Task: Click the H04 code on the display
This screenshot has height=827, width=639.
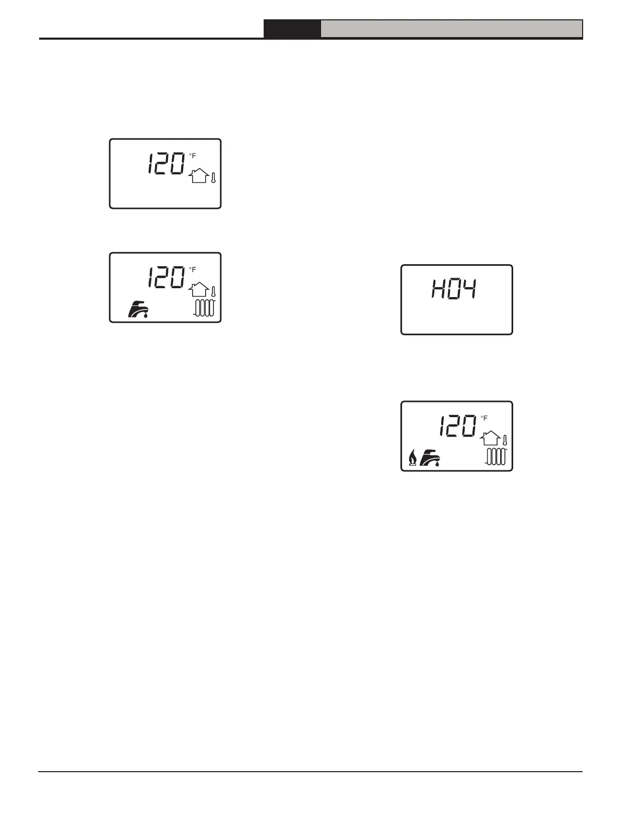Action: click(x=454, y=289)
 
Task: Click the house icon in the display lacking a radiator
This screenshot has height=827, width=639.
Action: click(x=198, y=176)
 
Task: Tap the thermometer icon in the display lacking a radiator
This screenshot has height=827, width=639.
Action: click(x=214, y=177)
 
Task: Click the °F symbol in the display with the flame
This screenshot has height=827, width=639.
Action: click(x=484, y=418)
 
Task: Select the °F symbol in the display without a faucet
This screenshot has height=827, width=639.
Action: click(x=193, y=156)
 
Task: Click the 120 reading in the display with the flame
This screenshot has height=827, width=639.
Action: click(x=457, y=427)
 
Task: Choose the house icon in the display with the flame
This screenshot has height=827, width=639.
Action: click(x=490, y=439)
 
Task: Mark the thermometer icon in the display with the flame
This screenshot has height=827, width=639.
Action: click(x=505, y=440)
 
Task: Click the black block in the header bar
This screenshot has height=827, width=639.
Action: click(x=292, y=29)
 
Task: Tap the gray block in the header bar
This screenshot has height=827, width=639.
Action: click(x=451, y=29)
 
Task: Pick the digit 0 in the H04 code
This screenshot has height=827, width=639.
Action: click(x=454, y=289)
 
